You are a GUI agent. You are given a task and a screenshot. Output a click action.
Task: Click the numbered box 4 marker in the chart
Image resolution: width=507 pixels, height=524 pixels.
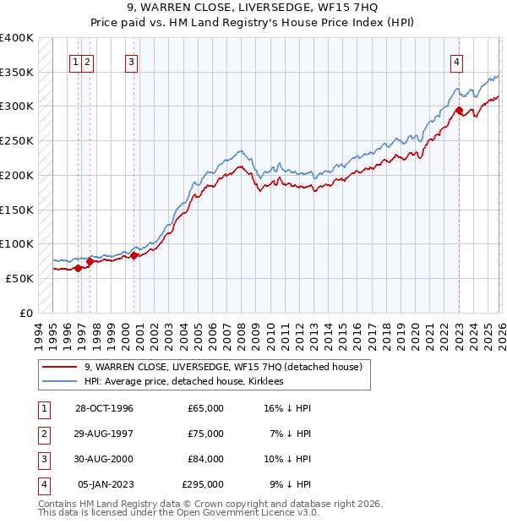tap(456, 61)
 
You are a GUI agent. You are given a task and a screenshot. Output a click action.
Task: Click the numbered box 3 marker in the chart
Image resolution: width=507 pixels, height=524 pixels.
tap(132, 61)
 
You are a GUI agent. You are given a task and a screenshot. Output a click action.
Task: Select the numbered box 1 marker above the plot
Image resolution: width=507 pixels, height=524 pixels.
tap(76, 61)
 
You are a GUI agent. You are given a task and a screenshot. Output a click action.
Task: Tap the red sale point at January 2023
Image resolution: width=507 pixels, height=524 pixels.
tap(459, 109)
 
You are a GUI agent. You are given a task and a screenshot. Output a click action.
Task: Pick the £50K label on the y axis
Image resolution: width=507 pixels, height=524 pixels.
tap(19, 278)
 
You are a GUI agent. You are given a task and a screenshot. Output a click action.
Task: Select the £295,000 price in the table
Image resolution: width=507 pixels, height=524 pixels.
tap(203, 484)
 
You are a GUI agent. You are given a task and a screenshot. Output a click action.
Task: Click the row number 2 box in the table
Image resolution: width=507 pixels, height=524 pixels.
tap(43, 434)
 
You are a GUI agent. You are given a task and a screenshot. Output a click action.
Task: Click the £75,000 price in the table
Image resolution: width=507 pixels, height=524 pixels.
tap(205, 434)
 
